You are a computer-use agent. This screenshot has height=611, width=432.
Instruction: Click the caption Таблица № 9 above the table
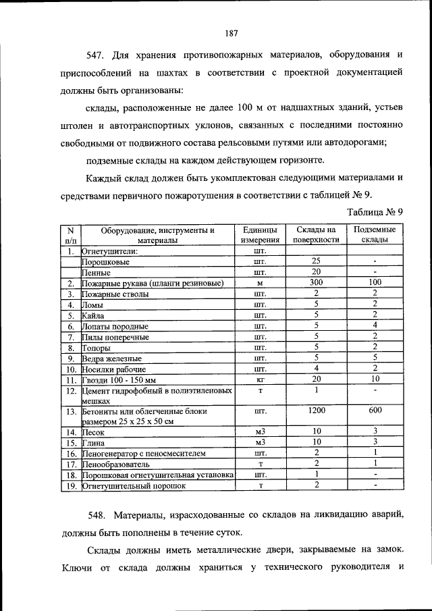click(x=375, y=211)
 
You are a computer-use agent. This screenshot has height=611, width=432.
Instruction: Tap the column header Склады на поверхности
click(x=316, y=235)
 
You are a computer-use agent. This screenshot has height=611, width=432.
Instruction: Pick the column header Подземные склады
click(x=374, y=235)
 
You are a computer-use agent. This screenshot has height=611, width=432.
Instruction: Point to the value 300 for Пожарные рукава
click(x=316, y=282)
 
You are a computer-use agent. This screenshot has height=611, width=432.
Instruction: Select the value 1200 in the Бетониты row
click(x=316, y=410)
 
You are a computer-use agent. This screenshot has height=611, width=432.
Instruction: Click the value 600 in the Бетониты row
click(x=375, y=410)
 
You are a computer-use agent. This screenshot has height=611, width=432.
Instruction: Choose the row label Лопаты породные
click(x=110, y=326)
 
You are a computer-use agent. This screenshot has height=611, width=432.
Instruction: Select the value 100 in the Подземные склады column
click(x=375, y=282)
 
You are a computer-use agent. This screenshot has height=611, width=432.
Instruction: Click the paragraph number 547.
click(x=99, y=54)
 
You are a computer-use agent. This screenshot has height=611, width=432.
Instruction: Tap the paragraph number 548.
click(x=99, y=515)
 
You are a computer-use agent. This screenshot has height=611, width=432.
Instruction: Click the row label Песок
click(x=92, y=431)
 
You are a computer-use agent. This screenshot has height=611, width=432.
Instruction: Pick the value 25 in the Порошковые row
click(x=316, y=261)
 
